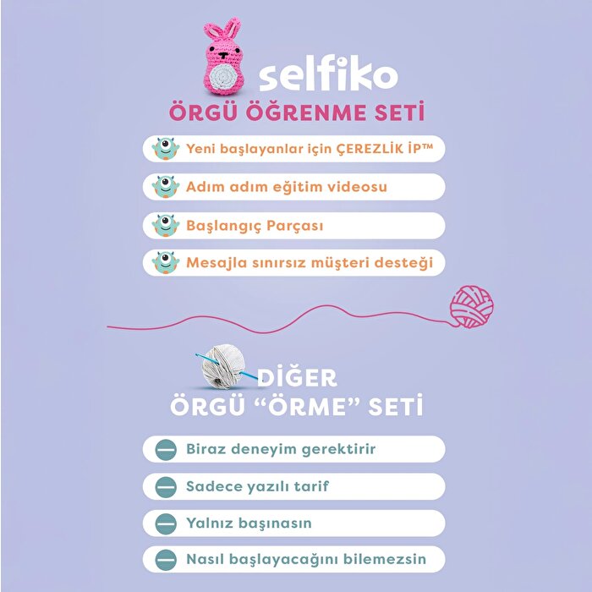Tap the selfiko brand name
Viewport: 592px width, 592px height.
[x=327, y=74]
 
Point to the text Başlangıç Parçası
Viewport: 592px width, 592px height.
[x=255, y=225]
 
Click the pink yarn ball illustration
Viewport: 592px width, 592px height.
[x=471, y=306]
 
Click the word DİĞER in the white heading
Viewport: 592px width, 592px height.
[x=297, y=376]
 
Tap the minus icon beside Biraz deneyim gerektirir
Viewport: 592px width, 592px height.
[x=165, y=449]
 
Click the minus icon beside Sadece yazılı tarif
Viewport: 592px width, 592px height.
[x=165, y=486]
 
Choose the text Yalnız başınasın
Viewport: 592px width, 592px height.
[x=249, y=523]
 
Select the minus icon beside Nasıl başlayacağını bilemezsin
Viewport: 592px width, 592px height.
[x=165, y=559]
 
